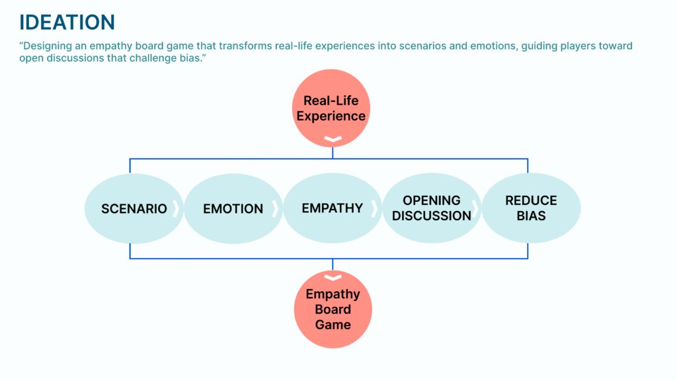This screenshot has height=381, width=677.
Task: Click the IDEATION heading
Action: pyautogui.click(x=67, y=22)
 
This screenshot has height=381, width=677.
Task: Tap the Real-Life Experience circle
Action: pyautogui.click(x=332, y=108)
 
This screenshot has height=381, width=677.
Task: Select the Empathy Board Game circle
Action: pyautogui.click(x=333, y=310)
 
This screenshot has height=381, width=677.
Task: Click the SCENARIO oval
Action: pyautogui.click(x=134, y=208)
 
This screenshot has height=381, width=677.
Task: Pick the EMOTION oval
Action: pyautogui.click(x=233, y=208)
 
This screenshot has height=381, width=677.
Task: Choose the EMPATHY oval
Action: pyautogui.click(x=332, y=208)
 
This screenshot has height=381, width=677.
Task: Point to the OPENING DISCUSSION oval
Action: pyautogui.click(x=431, y=208)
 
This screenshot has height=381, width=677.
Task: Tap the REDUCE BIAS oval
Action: pyautogui.click(x=531, y=208)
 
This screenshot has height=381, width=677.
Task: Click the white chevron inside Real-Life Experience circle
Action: pyautogui.click(x=333, y=140)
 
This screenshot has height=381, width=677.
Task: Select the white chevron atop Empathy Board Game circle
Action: pyautogui.click(x=333, y=277)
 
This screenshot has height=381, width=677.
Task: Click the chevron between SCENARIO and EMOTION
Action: pyautogui.click(x=177, y=209)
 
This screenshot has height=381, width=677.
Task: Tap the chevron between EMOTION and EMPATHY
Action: pyautogui.click(x=275, y=209)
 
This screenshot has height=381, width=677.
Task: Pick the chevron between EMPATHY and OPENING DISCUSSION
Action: pyautogui.click(x=374, y=209)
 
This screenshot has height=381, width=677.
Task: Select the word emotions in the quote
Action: pyautogui.click(x=477, y=46)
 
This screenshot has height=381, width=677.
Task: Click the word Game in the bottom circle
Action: pyautogui.click(x=333, y=325)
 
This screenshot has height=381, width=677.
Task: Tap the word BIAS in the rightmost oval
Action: pyautogui.click(x=531, y=216)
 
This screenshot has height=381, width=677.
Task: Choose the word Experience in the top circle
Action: pyautogui.click(x=331, y=116)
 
